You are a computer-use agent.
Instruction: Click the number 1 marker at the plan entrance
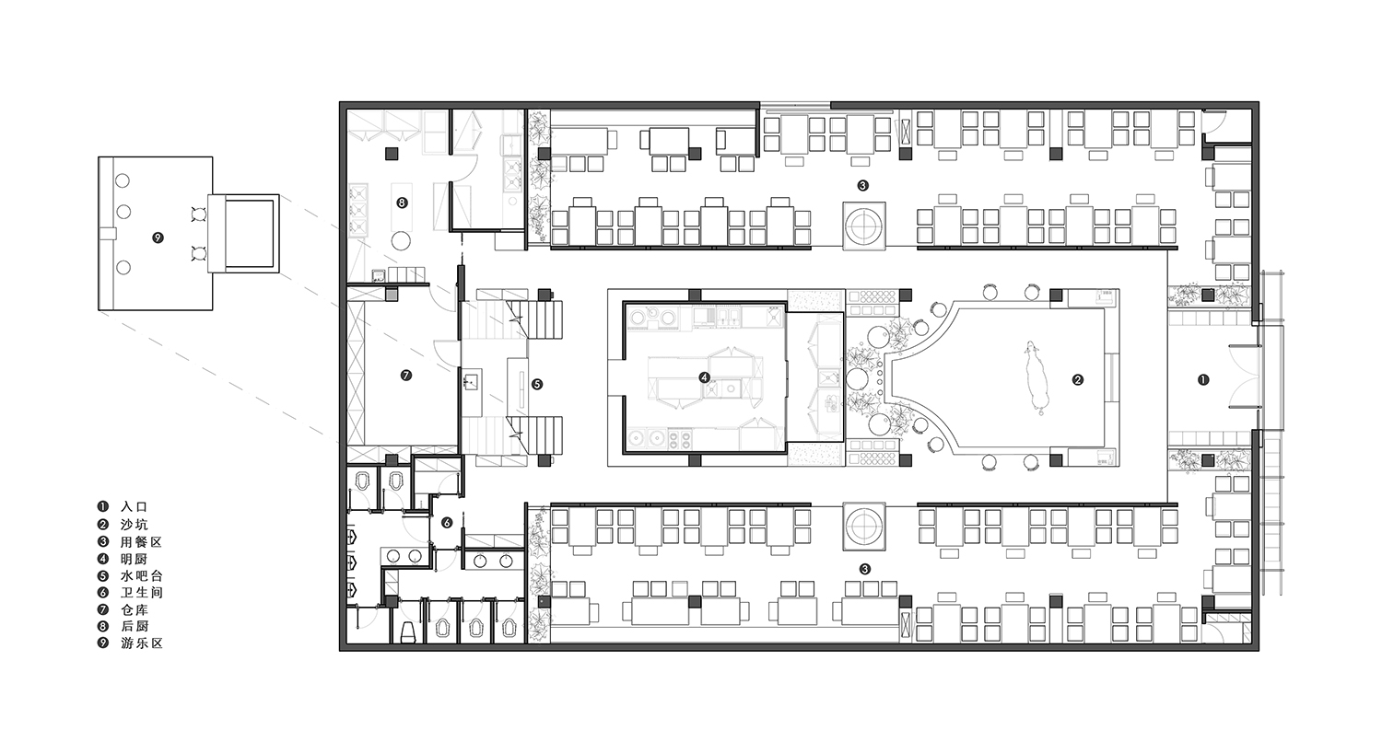tap(1203, 380)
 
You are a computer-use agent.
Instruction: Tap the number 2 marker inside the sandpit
tap(1078, 380)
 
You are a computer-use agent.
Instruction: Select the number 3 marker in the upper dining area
tap(862, 185)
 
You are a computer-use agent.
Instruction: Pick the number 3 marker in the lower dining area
tap(864, 570)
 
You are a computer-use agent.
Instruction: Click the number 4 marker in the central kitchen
tap(705, 377)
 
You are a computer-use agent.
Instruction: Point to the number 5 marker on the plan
tap(537, 385)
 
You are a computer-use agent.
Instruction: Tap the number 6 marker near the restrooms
tap(447, 523)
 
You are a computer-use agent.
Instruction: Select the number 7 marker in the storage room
tap(406, 376)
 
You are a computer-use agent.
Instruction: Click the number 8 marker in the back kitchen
tap(403, 203)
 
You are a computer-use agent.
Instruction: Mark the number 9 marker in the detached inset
tap(158, 237)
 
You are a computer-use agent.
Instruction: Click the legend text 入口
tap(135, 507)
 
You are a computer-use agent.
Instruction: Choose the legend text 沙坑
tap(135, 525)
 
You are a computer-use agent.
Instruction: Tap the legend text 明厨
tap(135, 560)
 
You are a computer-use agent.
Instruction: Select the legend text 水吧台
tap(142, 576)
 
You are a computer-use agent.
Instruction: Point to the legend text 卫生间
tap(142, 593)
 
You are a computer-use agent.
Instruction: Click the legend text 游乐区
tap(142, 643)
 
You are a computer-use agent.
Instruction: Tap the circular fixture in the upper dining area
tap(864, 226)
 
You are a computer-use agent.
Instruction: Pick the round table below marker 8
tap(402, 239)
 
